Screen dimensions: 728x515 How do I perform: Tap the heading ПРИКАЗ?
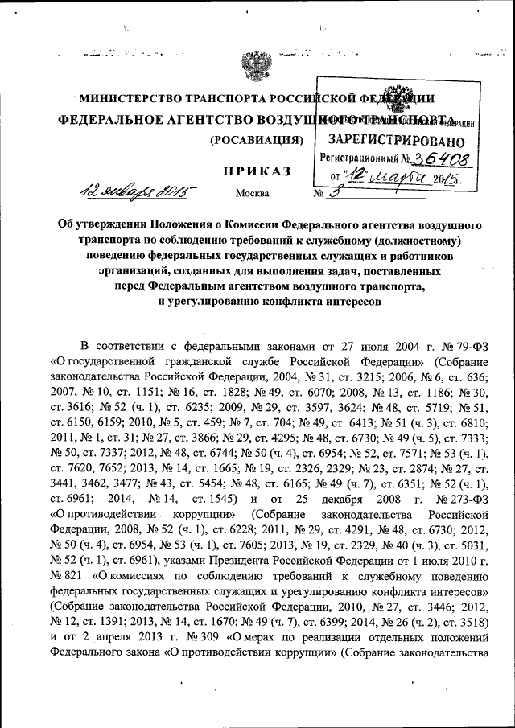pyautogui.click(x=257, y=171)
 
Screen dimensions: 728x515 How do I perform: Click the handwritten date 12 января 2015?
pyautogui.click(x=138, y=191)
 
